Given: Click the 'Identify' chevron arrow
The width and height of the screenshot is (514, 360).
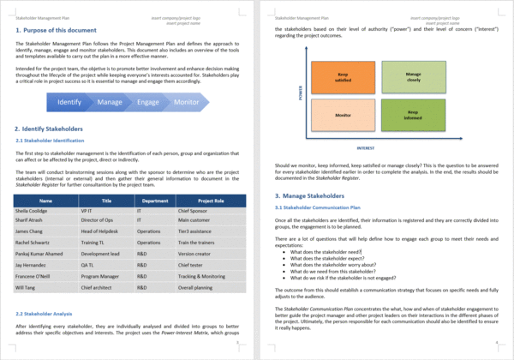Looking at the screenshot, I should click(70, 102).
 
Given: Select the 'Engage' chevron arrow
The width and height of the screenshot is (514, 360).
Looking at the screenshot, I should click(147, 102).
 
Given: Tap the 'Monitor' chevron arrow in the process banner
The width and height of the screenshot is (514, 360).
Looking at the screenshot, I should click(187, 102).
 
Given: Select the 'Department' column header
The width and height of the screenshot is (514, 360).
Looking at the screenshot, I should click(155, 201).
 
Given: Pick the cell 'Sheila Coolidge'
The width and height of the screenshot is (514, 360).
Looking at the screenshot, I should click(33, 209).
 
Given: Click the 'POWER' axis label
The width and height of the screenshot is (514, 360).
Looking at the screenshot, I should click(301, 93).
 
